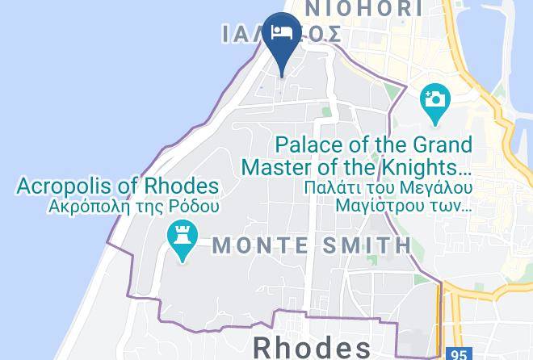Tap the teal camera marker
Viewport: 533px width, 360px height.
pyautogui.click(x=434, y=101)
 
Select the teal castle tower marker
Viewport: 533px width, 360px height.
pyautogui.click(x=183, y=239)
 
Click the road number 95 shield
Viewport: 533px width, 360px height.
pyautogui.click(x=459, y=354)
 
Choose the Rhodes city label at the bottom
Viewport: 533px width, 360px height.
pyautogui.click(x=312, y=347)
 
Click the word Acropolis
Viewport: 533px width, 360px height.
pyautogui.click(x=70, y=186)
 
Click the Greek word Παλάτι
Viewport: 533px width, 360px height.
pyautogui.click(x=309, y=188)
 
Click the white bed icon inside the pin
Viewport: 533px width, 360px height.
pyautogui.click(x=281, y=31)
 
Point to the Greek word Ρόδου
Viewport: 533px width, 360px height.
pyautogui.click(x=197, y=206)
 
